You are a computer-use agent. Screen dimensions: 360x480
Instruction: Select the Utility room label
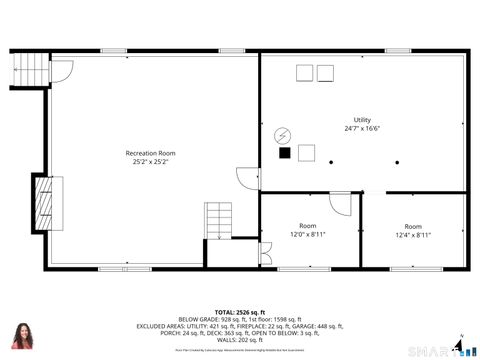tap(361, 120)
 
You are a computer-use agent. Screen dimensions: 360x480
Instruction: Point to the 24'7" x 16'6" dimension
tap(361, 129)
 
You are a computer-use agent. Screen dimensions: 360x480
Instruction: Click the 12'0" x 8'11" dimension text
tap(308, 234)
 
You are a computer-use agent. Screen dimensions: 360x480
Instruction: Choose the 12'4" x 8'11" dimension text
tap(412, 235)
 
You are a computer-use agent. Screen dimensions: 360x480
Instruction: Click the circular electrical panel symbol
tap(282, 135)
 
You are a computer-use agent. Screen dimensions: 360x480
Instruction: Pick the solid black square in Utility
tap(285, 153)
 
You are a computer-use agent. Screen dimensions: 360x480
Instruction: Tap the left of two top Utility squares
tap(304, 72)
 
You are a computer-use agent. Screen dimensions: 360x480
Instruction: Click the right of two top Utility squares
tap(325, 72)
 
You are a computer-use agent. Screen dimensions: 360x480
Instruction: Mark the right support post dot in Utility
tap(397, 161)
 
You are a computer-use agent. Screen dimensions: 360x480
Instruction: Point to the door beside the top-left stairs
tap(60, 70)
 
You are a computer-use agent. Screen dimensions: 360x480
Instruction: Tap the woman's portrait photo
tap(21, 337)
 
